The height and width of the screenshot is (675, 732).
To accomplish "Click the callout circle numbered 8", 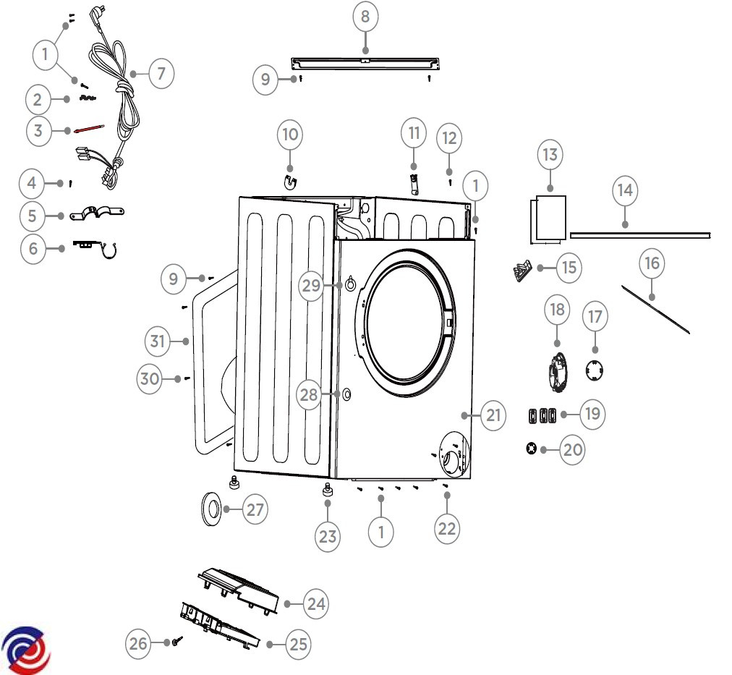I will tap(365, 17).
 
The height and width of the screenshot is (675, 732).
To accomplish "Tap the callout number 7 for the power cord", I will tap(161, 73).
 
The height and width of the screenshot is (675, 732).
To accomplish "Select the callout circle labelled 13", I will tap(550, 155).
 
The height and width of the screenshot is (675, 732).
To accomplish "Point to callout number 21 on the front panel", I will tap(493, 415).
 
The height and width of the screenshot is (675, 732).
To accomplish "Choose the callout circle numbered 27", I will tap(255, 509).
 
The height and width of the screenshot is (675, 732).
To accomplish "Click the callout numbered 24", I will tap(315, 603).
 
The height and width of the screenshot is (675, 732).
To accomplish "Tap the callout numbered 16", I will tap(652, 263).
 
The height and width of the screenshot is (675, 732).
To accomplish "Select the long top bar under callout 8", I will tap(365, 64).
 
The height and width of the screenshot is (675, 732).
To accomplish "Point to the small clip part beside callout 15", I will tap(523, 271).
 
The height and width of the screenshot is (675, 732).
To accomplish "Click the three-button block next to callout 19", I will tap(542, 415).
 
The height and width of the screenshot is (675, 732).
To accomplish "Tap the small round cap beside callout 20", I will tap(531, 449).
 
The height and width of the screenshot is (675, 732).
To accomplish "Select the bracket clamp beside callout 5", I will tap(97, 213).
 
